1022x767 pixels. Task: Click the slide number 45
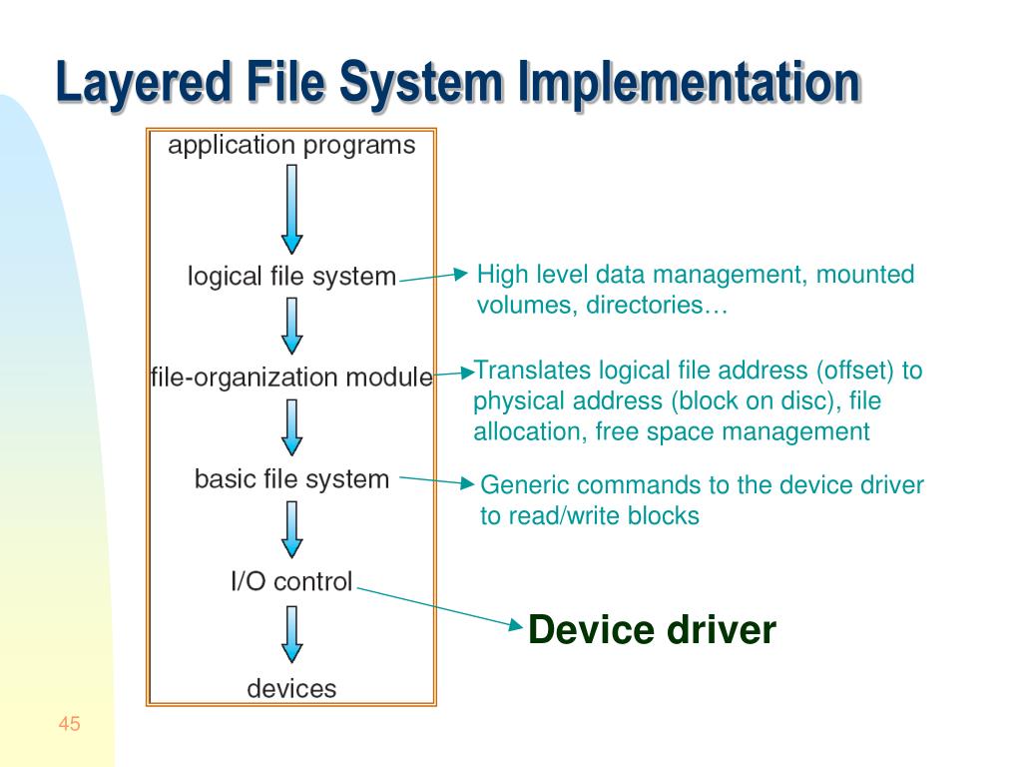point(69,724)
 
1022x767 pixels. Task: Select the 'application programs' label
point(291,146)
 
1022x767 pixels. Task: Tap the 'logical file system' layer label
point(291,276)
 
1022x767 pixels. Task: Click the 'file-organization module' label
point(291,378)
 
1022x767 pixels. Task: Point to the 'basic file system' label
point(291,479)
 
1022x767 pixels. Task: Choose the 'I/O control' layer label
point(291,581)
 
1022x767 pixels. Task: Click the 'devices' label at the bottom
point(291,688)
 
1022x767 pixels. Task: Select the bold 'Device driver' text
point(651,630)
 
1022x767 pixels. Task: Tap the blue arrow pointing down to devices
point(291,634)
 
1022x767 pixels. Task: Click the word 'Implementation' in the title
point(688,84)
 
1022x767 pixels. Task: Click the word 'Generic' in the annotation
point(524,485)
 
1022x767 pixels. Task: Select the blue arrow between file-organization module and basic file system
point(291,427)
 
